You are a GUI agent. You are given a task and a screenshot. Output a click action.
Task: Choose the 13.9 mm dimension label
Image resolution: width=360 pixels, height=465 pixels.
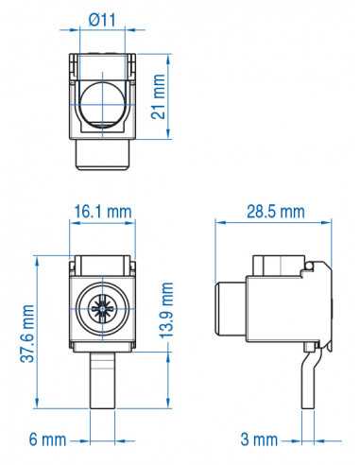pyautogui.click(x=168, y=310)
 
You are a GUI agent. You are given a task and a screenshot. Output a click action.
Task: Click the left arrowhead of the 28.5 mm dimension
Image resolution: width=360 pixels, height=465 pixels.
pyautogui.click(x=219, y=224)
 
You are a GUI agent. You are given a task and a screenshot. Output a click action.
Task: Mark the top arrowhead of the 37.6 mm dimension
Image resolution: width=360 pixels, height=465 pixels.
pyautogui.click(x=37, y=257)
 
